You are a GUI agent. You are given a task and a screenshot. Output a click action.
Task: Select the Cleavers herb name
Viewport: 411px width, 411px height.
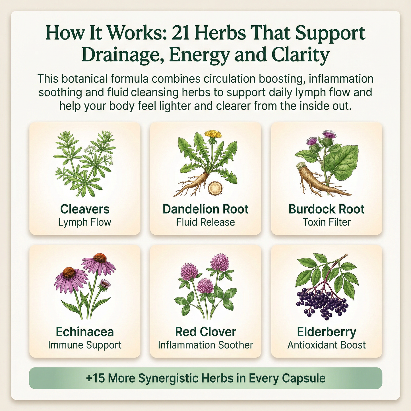85,209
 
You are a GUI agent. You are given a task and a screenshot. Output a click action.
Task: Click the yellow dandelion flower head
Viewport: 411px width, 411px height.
212,134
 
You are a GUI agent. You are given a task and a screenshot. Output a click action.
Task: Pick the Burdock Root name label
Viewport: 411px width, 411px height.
326,209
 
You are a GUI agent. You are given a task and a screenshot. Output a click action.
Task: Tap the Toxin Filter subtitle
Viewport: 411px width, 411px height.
326,222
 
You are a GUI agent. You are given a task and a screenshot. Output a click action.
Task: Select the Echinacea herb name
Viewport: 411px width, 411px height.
85,332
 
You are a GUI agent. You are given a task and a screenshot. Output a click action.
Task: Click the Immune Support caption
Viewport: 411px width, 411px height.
85,345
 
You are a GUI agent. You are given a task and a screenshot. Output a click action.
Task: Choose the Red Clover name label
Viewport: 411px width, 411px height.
205,332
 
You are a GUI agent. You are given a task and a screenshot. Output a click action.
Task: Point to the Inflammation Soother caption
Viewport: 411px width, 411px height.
205,345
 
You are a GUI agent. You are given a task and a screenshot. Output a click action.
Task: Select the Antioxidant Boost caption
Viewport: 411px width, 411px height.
326,345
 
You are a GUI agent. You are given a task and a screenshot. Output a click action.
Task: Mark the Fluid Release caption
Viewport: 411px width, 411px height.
205,222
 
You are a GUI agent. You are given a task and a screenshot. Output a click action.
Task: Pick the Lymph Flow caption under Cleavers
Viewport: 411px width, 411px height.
85,222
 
